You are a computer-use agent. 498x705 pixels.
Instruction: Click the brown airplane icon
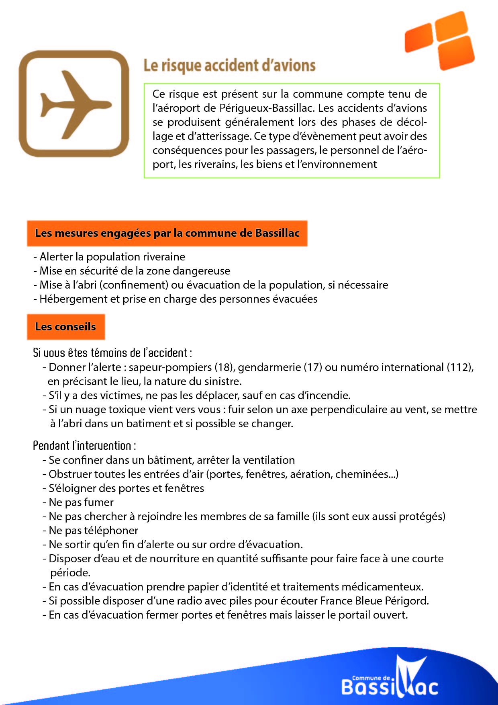(74, 104)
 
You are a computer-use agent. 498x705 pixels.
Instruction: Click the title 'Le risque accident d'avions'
(229, 66)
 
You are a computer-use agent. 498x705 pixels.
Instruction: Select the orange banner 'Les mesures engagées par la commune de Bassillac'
(167, 233)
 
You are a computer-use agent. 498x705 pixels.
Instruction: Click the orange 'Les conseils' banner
(65, 327)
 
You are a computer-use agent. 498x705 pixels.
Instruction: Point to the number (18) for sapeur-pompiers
(225, 367)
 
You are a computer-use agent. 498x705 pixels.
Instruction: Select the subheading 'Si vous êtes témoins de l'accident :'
(112, 353)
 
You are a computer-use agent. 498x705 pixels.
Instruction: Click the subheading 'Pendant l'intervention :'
(84, 446)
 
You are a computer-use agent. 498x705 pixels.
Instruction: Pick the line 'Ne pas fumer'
(81, 502)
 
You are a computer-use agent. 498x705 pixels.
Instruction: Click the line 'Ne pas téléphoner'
(93, 531)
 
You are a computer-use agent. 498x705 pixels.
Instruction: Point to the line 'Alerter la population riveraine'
(112, 257)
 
